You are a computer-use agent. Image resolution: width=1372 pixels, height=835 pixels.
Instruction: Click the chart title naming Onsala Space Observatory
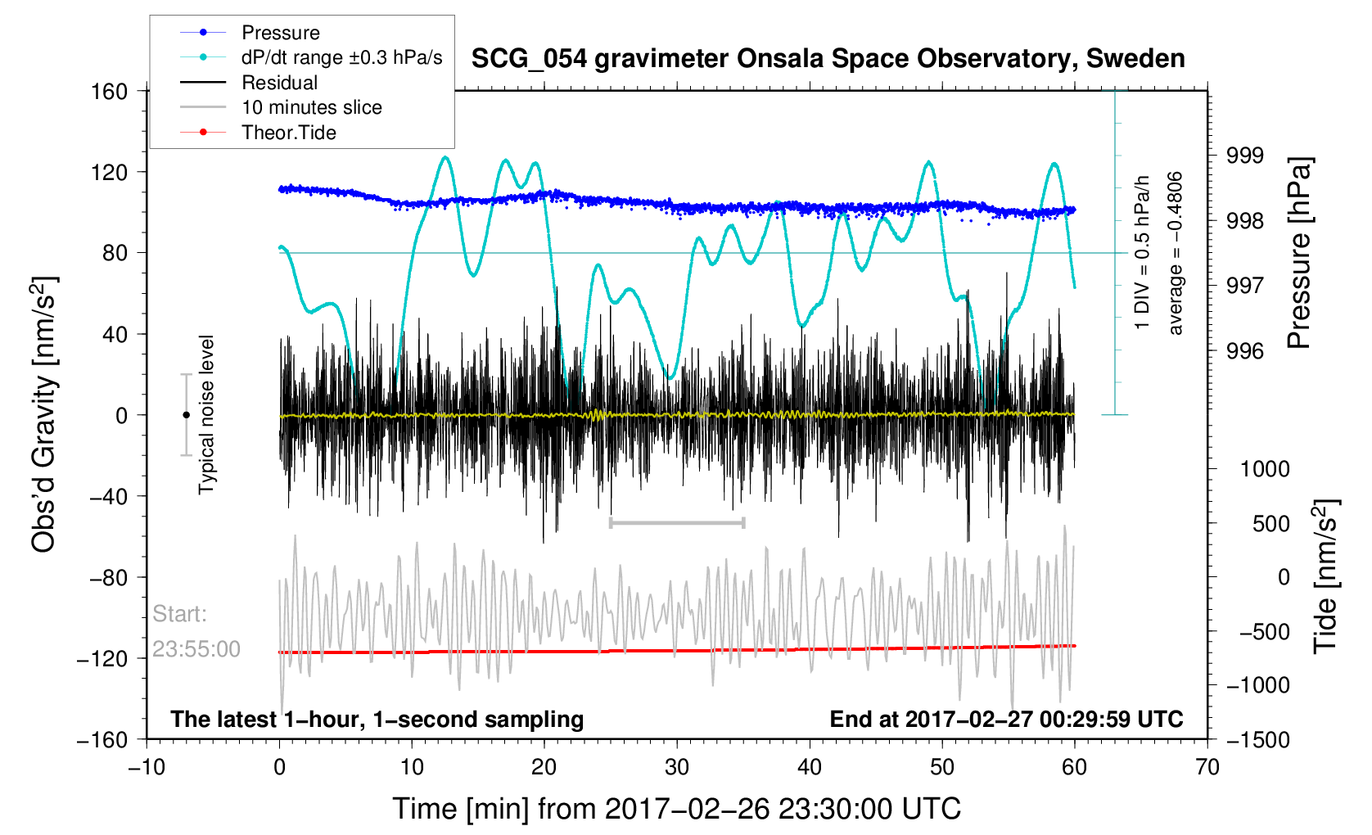pos(828,59)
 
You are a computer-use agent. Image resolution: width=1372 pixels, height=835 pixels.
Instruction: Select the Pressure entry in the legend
pos(280,33)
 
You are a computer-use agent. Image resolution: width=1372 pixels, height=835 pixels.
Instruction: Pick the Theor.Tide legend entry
pos(288,133)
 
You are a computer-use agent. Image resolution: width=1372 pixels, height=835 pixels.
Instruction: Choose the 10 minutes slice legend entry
pos(311,107)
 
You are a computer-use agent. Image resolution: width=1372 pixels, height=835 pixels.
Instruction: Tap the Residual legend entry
pos(279,83)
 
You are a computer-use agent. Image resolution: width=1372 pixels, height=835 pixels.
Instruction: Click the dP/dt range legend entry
pos(341,57)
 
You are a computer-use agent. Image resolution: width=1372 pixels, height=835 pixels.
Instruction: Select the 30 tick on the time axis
pos(677,767)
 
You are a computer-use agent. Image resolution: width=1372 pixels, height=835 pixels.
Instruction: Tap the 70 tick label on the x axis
pos(1207,767)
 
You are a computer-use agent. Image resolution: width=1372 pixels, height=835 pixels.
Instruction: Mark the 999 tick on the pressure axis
pos(1244,156)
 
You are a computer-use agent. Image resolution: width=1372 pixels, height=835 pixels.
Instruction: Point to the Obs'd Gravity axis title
pos(43,414)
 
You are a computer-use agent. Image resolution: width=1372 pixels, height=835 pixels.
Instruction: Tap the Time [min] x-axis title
pos(676,809)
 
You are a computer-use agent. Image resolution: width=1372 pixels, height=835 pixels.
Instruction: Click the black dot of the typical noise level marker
pos(186,415)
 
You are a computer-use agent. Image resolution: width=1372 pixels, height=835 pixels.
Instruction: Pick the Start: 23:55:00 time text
pos(196,631)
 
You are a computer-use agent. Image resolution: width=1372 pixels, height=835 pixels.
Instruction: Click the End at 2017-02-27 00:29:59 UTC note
pos(1006,720)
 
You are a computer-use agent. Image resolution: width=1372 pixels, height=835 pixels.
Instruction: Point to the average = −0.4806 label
pos(1176,253)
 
